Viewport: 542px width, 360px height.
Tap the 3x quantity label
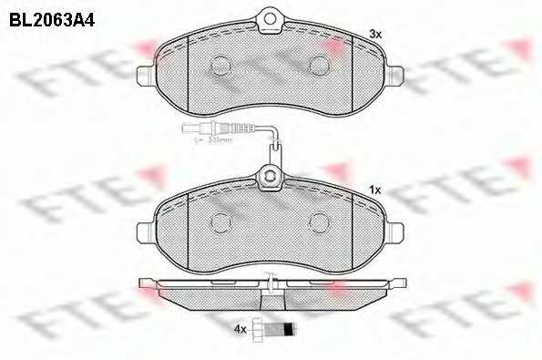click(x=373, y=34)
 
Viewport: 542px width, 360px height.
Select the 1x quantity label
click(x=373, y=190)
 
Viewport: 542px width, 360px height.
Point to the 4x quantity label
click(x=240, y=330)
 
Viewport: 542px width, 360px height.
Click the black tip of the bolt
click(x=289, y=329)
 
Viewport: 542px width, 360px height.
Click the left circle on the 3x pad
click(x=221, y=64)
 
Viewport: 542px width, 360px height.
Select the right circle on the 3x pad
click(x=320, y=64)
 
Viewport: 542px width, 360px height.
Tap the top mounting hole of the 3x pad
click(x=271, y=15)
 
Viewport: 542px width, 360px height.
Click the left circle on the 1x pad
click(x=221, y=221)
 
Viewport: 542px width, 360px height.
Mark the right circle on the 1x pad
click(x=320, y=221)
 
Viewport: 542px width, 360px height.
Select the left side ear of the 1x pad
click(x=146, y=231)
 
